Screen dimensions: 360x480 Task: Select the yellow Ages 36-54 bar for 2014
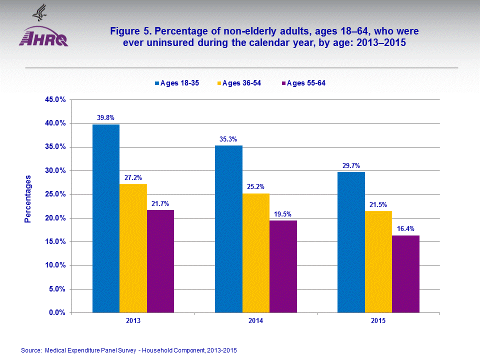[256, 253]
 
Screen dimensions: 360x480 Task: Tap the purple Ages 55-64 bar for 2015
[405, 274]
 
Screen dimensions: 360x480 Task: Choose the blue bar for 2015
[351, 242]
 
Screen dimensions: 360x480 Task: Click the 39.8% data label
[106, 118]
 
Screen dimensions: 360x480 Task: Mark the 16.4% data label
[405, 228]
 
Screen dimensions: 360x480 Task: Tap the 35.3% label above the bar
[228, 139]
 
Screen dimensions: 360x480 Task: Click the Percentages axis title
[28, 199]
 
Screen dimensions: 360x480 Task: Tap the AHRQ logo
[43, 36]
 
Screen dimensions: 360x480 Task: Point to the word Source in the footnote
[30, 350]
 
